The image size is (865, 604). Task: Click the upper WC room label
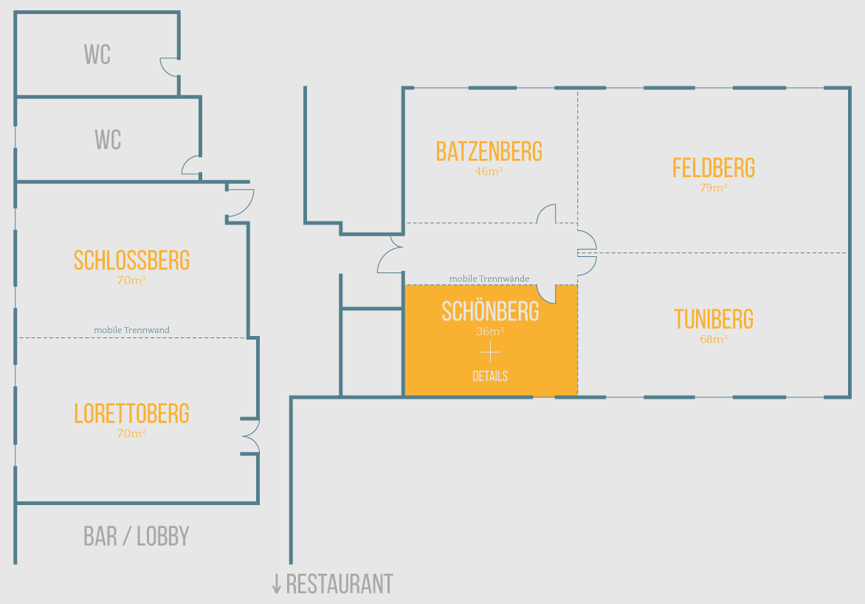point(97,55)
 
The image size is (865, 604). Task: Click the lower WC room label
point(108,140)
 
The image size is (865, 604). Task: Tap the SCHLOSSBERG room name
point(131,260)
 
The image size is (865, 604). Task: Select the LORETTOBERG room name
point(131,413)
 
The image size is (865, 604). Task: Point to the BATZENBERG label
point(489,151)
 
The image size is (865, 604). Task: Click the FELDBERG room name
point(713,168)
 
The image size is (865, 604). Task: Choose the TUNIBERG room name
point(713,319)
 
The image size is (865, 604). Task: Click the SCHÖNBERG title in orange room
point(490,312)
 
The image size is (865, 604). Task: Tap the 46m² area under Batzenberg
point(489,171)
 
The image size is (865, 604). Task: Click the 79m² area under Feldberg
point(713,188)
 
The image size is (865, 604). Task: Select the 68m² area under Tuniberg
point(713,340)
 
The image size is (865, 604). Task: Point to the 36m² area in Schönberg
point(490,332)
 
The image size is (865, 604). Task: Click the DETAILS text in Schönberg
point(490,377)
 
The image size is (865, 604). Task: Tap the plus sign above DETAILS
point(490,353)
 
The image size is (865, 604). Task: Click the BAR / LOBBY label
point(137,536)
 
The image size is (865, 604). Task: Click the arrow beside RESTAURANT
point(277,585)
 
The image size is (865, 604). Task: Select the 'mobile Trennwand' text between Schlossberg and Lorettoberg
point(131,330)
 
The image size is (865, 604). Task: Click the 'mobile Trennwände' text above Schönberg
point(489,278)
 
